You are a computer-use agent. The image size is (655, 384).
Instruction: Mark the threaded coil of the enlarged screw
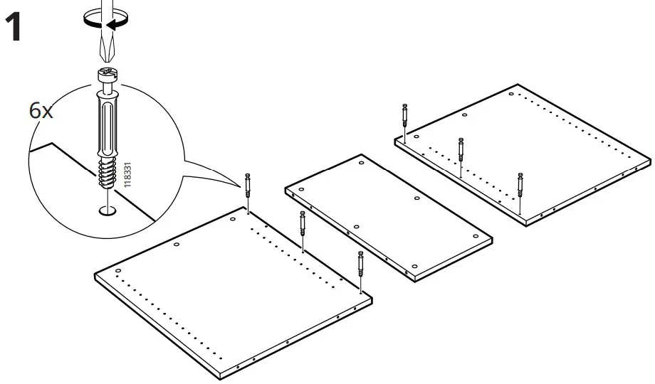tap(105, 175)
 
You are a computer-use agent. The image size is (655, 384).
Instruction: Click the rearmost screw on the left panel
tap(248, 188)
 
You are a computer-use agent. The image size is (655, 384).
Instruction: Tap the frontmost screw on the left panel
tap(361, 266)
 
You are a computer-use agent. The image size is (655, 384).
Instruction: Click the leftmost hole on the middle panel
tap(301, 190)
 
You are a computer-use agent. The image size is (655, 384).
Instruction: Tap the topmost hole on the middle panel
tap(362, 163)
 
